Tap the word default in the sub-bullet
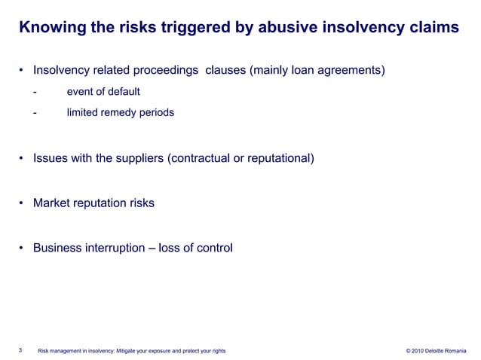[x=124, y=92]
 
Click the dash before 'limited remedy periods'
[x=35, y=113]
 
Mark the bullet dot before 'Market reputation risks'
[x=23, y=203]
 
